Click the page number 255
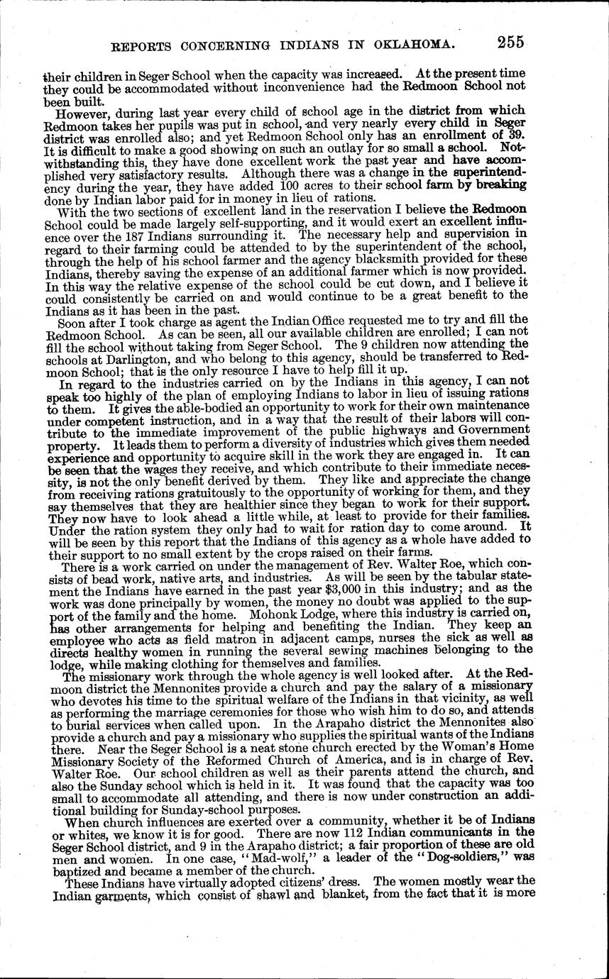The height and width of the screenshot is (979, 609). pyautogui.click(x=510, y=43)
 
